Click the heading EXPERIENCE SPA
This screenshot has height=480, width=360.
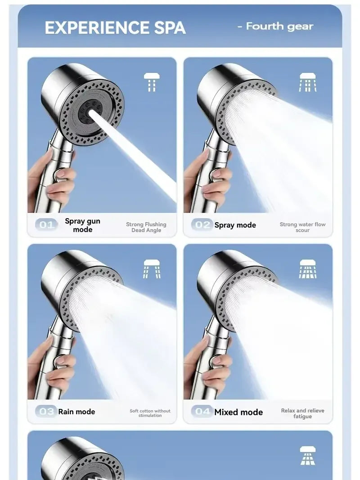coord(115,28)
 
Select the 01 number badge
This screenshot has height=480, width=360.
coord(46,225)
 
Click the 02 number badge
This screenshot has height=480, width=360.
coord(202,225)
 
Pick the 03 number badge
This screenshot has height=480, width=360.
coord(46,411)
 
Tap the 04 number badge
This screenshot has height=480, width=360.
coord(202,411)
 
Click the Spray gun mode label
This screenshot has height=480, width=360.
coord(83,225)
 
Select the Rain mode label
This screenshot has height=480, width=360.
coord(76,412)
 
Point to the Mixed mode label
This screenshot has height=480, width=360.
coord(238,412)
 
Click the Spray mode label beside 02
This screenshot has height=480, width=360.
coord(235,225)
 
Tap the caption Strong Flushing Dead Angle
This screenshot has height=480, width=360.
coord(146,227)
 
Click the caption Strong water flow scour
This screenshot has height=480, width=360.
coord(302,227)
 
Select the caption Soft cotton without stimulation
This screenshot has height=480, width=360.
coord(150,413)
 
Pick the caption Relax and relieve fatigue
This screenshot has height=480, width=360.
coord(302,413)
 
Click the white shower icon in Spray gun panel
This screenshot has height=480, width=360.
coord(152,82)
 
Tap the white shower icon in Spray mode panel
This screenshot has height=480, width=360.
coord(308,82)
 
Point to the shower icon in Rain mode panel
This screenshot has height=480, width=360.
coord(152,269)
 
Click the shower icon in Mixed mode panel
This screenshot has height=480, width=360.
coord(308,269)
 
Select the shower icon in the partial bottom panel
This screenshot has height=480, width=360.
coord(308,455)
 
